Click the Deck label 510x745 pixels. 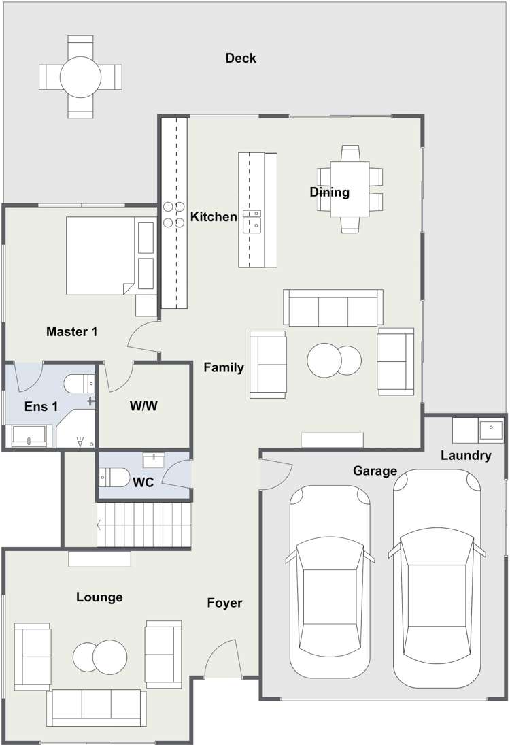241,58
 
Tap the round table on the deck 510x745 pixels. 80,77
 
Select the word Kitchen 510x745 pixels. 214,216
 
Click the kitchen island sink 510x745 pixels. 252,221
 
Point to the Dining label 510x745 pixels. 330,192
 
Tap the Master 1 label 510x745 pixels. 71,331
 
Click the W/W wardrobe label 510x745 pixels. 144,405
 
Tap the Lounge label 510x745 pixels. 99,597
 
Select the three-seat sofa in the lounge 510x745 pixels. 97,708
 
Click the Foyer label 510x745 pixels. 224,603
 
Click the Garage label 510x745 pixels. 375,471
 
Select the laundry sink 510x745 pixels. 491,430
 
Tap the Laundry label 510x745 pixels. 466,456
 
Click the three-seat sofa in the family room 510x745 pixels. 333,308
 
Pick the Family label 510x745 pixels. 224,367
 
